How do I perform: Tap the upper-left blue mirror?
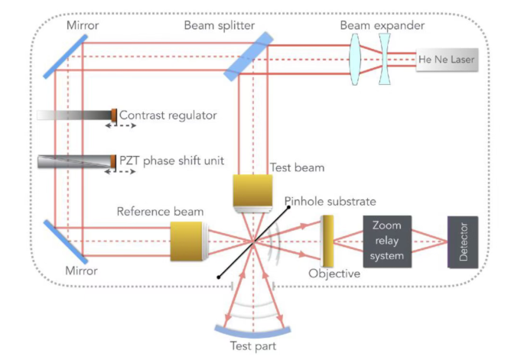60,54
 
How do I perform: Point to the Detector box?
463,242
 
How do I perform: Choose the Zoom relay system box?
386,242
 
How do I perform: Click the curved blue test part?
252,332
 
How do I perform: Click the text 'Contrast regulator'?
168,115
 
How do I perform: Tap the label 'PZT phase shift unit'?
168,160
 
